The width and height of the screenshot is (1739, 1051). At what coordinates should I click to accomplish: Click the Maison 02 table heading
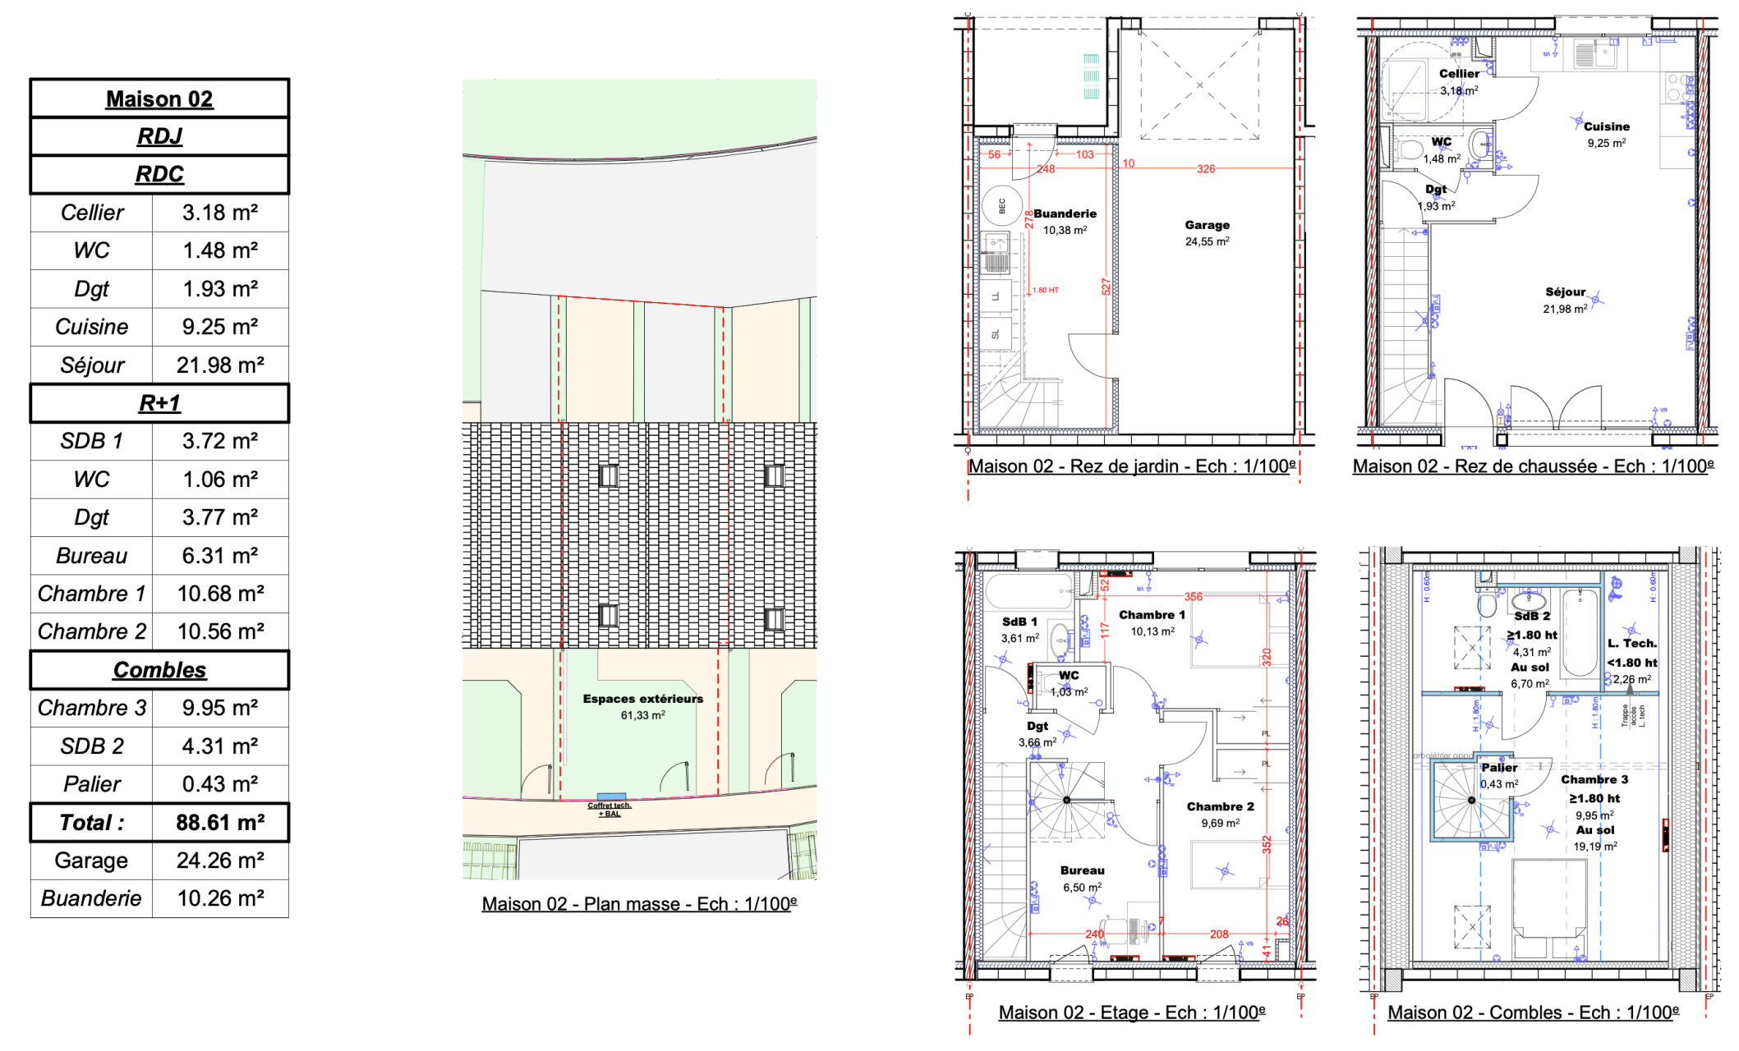click(159, 99)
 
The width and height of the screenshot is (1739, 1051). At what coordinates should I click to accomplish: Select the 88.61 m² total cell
click(220, 823)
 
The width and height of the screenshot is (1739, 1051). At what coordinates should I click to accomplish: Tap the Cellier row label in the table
click(92, 213)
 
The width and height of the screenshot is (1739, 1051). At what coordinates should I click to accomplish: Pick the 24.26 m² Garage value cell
click(220, 861)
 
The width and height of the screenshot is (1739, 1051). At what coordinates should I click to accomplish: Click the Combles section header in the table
click(159, 670)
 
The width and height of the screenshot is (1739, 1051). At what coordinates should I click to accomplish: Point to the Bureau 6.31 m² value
click(220, 556)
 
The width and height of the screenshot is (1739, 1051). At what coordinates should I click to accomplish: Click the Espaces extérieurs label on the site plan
click(642, 699)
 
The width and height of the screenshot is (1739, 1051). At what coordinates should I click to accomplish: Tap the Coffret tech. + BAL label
click(609, 810)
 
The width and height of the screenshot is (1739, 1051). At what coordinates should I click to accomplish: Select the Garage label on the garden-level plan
click(1207, 225)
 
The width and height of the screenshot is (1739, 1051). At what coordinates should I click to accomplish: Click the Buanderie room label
click(1065, 213)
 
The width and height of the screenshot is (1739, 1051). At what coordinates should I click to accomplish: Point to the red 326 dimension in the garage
click(1205, 169)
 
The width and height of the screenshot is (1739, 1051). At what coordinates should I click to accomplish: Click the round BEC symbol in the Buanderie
click(1001, 205)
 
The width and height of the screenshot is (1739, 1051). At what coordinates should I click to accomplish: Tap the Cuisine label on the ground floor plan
click(1606, 126)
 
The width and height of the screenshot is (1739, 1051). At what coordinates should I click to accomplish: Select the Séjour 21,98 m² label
click(1565, 300)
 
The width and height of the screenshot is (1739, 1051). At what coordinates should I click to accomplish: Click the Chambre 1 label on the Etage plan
click(1152, 615)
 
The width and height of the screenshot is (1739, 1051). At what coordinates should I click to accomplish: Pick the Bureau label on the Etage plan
click(1082, 870)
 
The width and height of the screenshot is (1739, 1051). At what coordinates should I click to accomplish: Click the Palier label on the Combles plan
click(1499, 768)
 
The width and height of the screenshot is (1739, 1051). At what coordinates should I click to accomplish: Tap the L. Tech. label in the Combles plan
click(1632, 644)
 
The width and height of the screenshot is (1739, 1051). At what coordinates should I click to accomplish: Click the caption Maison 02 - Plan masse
click(639, 904)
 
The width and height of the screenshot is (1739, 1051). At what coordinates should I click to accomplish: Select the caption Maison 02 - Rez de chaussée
click(1533, 466)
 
